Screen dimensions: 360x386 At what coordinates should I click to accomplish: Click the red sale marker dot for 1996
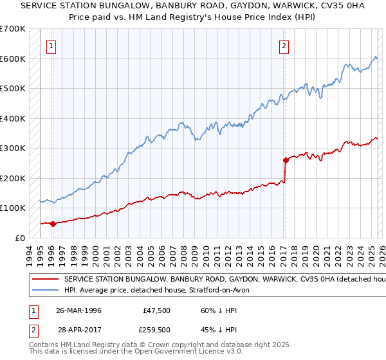click(53, 224)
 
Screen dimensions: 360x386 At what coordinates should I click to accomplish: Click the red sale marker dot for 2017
click(285, 161)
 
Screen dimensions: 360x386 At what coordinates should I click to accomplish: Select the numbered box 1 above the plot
click(51, 46)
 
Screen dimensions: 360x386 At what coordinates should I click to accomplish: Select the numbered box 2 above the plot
click(284, 46)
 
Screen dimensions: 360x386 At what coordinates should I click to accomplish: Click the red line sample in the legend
click(46, 280)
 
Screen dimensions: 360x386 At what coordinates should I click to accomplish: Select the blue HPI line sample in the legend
click(46, 291)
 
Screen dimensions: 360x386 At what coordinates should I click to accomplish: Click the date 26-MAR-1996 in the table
click(78, 310)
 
